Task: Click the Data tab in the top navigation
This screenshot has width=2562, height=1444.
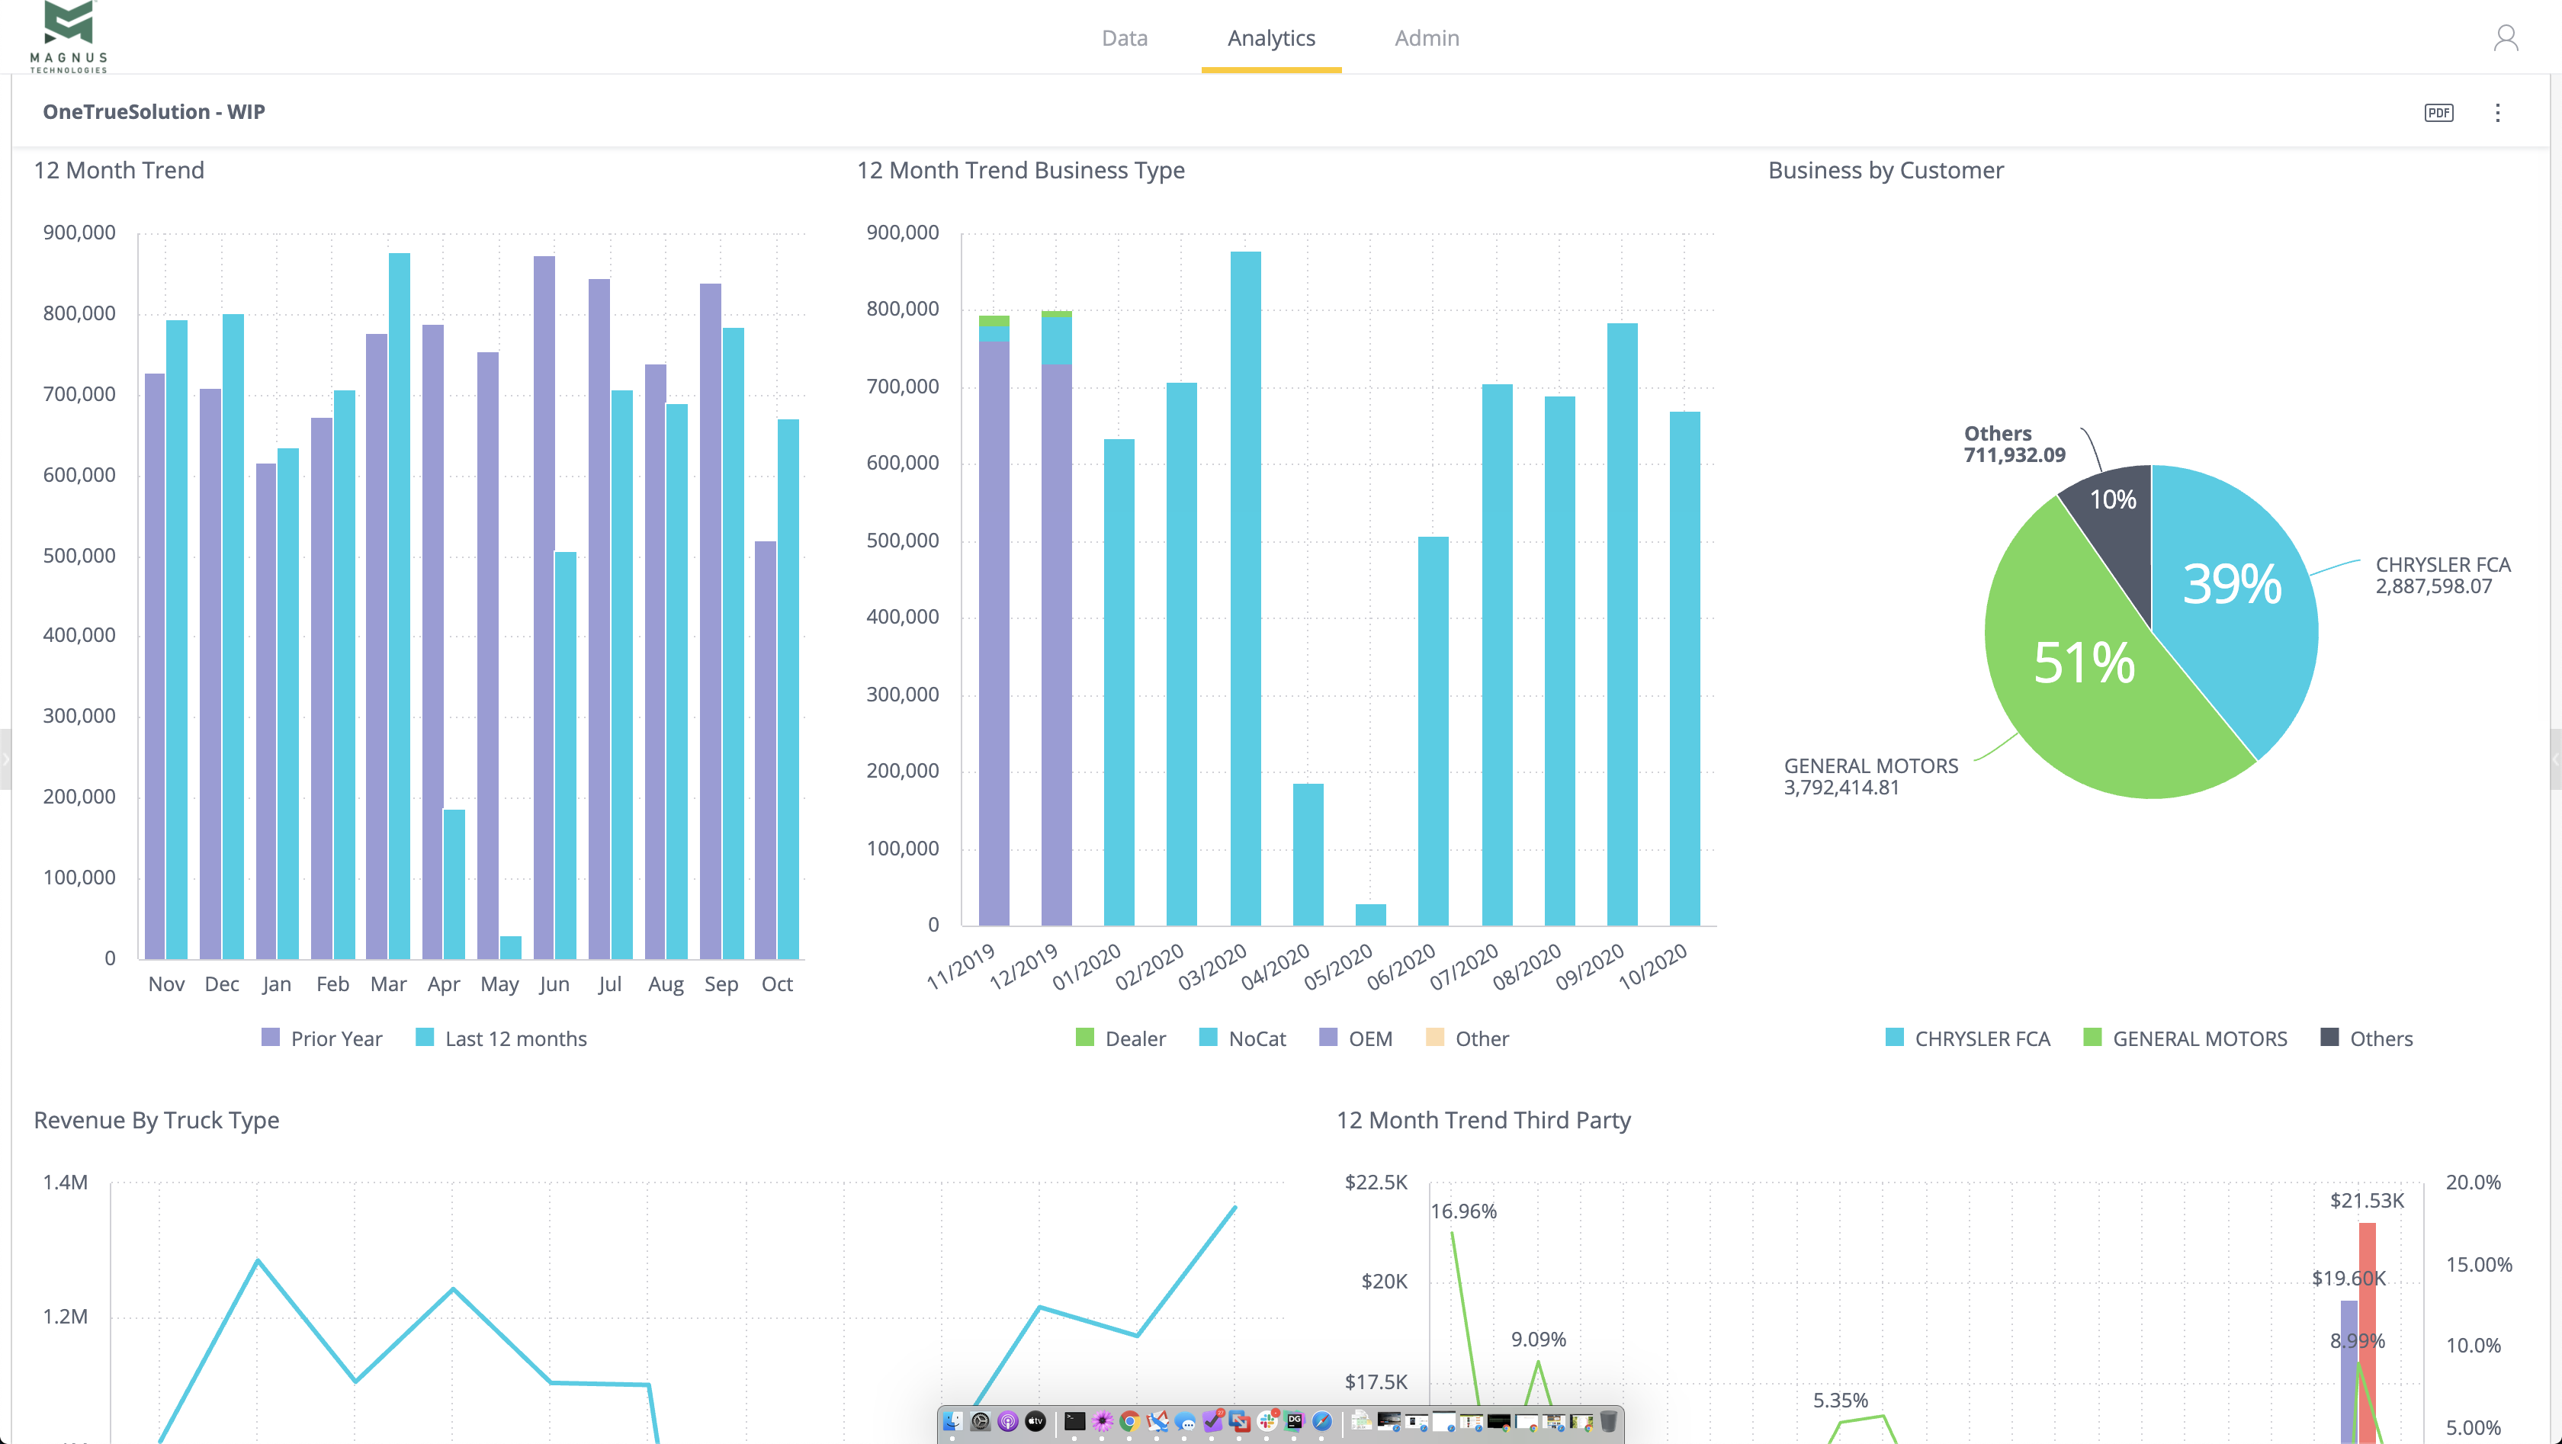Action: pyautogui.click(x=1124, y=38)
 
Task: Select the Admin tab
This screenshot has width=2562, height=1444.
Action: pyautogui.click(x=1426, y=38)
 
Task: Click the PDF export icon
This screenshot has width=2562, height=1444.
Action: pyautogui.click(x=2438, y=112)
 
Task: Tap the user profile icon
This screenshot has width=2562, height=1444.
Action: pyautogui.click(x=2506, y=38)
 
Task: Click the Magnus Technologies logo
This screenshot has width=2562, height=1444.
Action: pyautogui.click(x=69, y=37)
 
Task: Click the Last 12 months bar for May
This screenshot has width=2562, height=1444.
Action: pyautogui.click(x=510, y=947)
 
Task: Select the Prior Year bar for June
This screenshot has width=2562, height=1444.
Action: pyautogui.click(x=543, y=607)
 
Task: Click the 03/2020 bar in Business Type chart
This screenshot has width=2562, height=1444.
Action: pyautogui.click(x=1245, y=587)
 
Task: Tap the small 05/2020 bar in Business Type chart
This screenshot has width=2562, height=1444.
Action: pyautogui.click(x=1370, y=915)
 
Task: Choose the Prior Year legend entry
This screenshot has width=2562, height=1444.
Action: pyautogui.click(x=323, y=1038)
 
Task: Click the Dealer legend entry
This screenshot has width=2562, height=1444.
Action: pyautogui.click(x=1121, y=1038)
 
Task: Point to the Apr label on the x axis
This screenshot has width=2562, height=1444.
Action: pyautogui.click(x=444, y=984)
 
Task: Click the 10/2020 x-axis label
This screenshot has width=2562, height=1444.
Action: pyautogui.click(x=1652, y=966)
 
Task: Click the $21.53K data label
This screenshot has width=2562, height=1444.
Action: pyautogui.click(x=2366, y=1200)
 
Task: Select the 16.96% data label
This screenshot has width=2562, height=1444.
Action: pyautogui.click(x=1463, y=1211)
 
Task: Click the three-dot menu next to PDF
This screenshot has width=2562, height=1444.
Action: pyautogui.click(x=2496, y=112)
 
